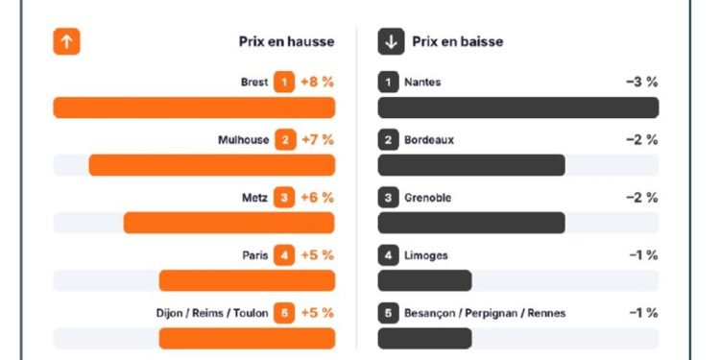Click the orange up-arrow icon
[66, 42]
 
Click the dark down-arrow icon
[390, 42]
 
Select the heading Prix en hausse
[286, 42]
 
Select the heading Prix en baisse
[457, 42]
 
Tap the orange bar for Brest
[194, 108]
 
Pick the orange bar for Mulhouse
[212, 165]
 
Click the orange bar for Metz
[229, 223]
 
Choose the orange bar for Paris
[247, 280]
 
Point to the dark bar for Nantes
[518, 108]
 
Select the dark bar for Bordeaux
[471, 165]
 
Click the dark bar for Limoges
[424, 280]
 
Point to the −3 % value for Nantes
[641, 83]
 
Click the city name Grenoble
[427, 198]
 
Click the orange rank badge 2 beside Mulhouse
[284, 140]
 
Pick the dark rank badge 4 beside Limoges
[388, 255]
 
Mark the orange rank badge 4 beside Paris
[283, 255]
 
